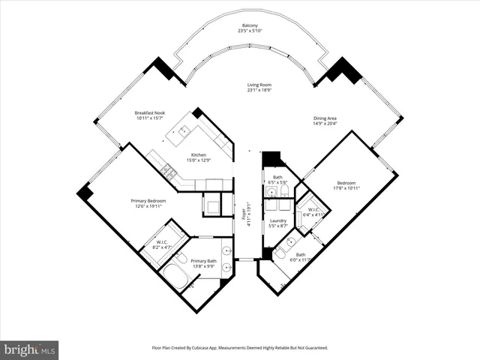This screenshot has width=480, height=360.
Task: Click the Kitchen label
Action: pyautogui.click(x=199, y=155)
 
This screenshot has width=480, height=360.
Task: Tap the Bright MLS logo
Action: pyautogui.click(x=30, y=349)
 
